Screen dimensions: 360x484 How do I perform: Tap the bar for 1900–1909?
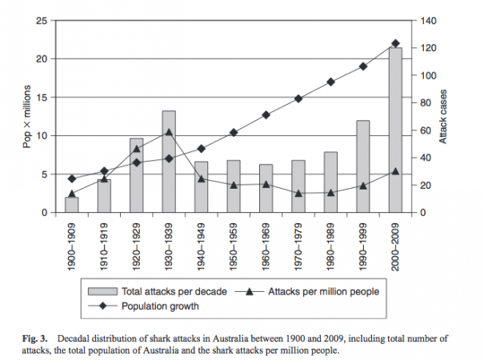point(72,205)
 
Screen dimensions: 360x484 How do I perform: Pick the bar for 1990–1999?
point(362,166)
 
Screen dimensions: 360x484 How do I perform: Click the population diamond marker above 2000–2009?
point(395,43)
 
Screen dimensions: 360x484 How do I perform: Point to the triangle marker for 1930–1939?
point(169,132)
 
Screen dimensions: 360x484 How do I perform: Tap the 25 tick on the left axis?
point(48,21)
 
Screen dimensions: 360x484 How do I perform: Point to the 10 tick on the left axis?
point(48,136)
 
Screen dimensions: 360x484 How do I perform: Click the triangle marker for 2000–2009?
point(395,171)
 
